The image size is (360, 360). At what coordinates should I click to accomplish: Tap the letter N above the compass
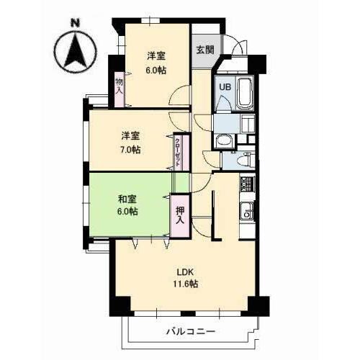pyautogui.click(x=76, y=24)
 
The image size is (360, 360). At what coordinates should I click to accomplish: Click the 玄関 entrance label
pyautogui.click(x=204, y=50)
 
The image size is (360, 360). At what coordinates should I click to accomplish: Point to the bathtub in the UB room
pyautogui.click(x=244, y=91)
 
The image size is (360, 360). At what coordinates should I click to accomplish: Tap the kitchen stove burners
pyautogui.click(x=247, y=184)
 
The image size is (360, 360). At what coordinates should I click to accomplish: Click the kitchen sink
pyautogui.click(x=247, y=212)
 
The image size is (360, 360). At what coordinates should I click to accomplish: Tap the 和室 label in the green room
pyautogui.click(x=127, y=199)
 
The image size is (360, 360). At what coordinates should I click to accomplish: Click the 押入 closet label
pyautogui.click(x=180, y=215)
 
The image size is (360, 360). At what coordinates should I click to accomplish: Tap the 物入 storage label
pyautogui.click(x=120, y=86)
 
